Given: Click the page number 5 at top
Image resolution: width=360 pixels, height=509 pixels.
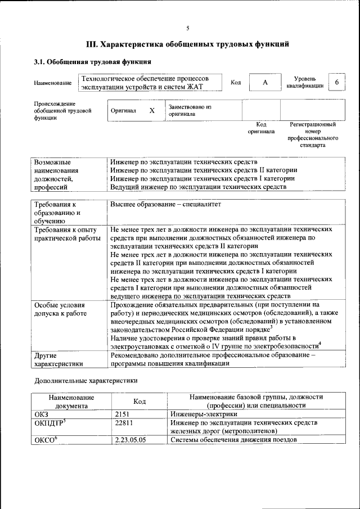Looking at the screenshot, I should pyautogui.click(x=188, y=28).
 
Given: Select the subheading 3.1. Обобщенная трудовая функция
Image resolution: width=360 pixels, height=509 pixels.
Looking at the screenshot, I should pyautogui.click(x=92, y=61).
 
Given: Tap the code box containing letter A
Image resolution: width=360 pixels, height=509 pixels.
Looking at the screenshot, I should pyautogui.click(x=264, y=83).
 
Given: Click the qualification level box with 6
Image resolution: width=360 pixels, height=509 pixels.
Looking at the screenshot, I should pyautogui.click(x=336, y=83).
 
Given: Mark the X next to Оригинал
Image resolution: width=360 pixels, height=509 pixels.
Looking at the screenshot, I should pyautogui.click(x=151, y=111).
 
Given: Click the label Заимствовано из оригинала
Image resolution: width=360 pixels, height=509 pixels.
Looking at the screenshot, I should pyautogui.click(x=190, y=110).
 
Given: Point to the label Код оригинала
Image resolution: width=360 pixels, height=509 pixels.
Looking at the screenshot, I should pyautogui.click(x=261, y=128).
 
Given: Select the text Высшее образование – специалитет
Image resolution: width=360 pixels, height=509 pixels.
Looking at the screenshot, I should pyautogui.click(x=165, y=204).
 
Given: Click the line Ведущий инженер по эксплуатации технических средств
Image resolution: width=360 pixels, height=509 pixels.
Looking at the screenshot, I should pyautogui.click(x=199, y=186).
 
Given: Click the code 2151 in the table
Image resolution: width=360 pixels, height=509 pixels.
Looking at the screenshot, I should pyautogui.click(x=122, y=413).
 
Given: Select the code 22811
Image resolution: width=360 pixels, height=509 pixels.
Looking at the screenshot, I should pyautogui.click(x=124, y=422).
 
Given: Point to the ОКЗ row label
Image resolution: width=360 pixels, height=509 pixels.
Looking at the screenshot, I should pyautogui.click(x=42, y=413).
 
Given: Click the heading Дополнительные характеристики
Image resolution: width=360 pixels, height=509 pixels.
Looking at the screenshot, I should pyautogui.click(x=86, y=380).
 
